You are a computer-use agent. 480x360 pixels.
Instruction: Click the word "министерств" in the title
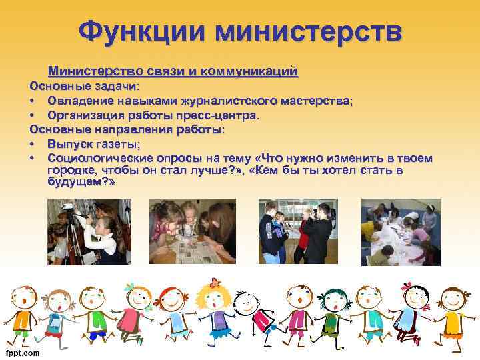click(313, 31)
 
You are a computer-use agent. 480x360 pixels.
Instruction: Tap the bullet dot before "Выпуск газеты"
click(32, 144)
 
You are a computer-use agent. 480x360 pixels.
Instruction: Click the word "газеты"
click(119, 144)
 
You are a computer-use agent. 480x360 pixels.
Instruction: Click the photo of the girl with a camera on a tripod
click(88, 232)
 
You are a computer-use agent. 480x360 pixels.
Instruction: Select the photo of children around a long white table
click(401, 232)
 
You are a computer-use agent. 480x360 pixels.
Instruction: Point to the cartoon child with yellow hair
click(213, 313)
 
